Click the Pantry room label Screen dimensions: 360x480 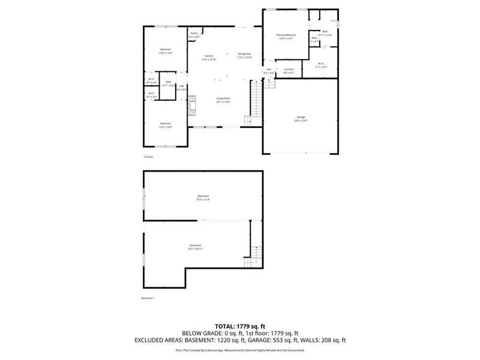tap(194, 35)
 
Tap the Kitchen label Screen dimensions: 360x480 tap(209, 58)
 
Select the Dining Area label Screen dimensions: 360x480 tap(244, 55)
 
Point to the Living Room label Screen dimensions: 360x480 tap(223, 100)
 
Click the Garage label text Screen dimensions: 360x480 tap(301, 118)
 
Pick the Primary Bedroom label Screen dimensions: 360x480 tap(286, 37)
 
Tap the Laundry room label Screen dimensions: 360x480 tap(289, 71)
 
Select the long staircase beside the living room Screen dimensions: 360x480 tap(257, 98)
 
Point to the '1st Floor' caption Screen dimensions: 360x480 tap(148, 157)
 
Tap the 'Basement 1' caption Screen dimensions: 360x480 tap(148, 298)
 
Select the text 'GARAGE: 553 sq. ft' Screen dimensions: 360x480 tap(275, 340)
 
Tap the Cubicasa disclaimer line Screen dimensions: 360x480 tap(239, 349)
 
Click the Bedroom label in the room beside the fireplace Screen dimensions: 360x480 tap(165, 125)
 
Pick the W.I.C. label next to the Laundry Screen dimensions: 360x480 tap(320, 65)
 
